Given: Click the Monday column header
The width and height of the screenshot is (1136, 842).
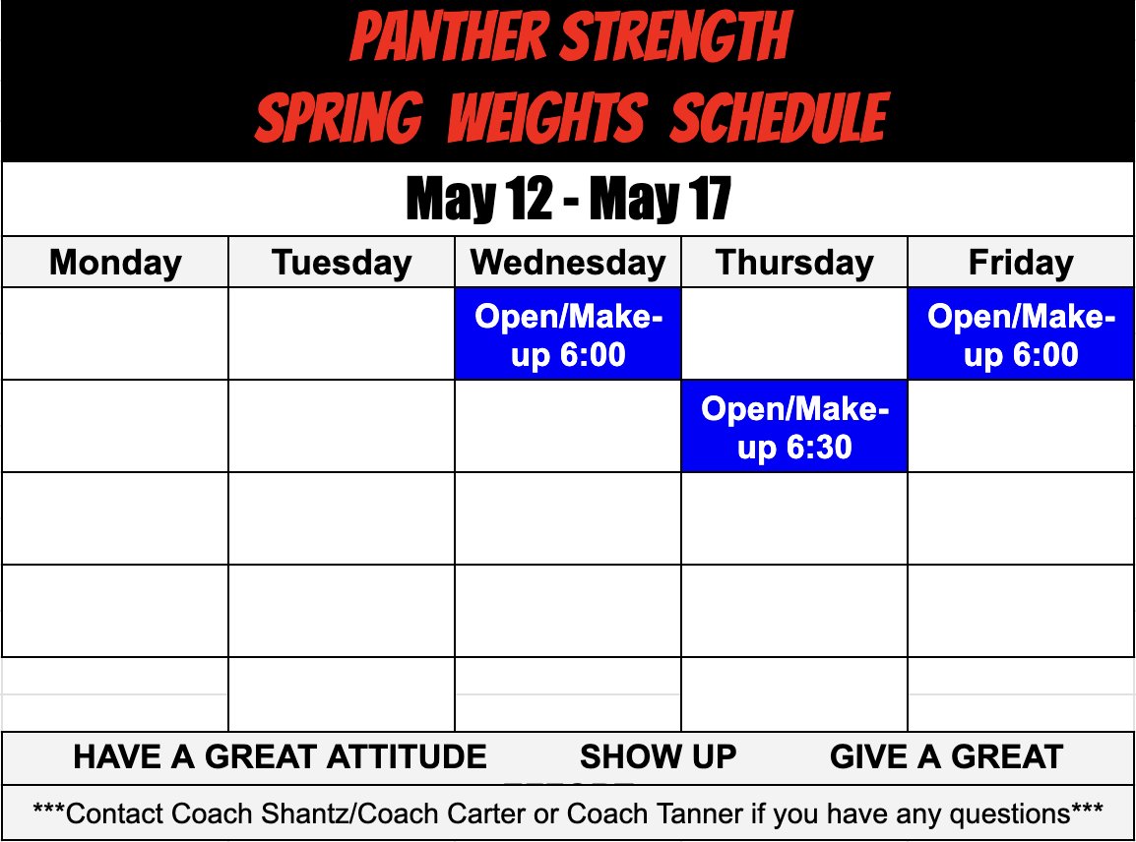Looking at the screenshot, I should pyautogui.click(x=115, y=263).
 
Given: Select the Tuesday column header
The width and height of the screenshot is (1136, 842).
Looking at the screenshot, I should pyautogui.click(x=342, y=263).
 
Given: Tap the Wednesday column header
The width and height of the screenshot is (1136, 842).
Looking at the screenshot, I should pyautogui.click(x=568, y=263).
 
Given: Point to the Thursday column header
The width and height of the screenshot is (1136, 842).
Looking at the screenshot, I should pyautogui.click(x=794, y=263).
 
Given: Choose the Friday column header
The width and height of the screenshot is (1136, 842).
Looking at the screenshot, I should pyautogui.click(x=1021, y=263).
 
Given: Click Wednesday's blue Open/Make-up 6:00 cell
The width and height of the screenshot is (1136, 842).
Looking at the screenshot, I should pyautogui.click(x=568, y=334).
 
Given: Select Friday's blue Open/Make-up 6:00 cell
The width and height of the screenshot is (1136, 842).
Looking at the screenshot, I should pyautogui.click(x=1021, y=334).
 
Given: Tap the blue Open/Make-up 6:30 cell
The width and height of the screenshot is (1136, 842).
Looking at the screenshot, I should pyautogui.click(x=794, y=427).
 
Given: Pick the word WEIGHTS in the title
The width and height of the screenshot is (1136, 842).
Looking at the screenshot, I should pyautogui.click(x=547, y=118).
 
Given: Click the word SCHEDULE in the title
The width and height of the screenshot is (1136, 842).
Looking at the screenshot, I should pyautogui.click(x=780, y=118).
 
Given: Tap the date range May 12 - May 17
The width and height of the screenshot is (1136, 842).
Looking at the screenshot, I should pyautogui.click(x=568, y=200).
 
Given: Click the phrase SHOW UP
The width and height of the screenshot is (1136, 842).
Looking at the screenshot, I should pyautogui.click(x=658, y=756).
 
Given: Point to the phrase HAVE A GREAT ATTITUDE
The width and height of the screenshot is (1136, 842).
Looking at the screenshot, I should pyautogui.click(x=280, y=756).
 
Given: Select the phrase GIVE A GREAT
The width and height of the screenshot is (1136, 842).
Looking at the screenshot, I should pyautogui.click(x=946, y=756).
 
